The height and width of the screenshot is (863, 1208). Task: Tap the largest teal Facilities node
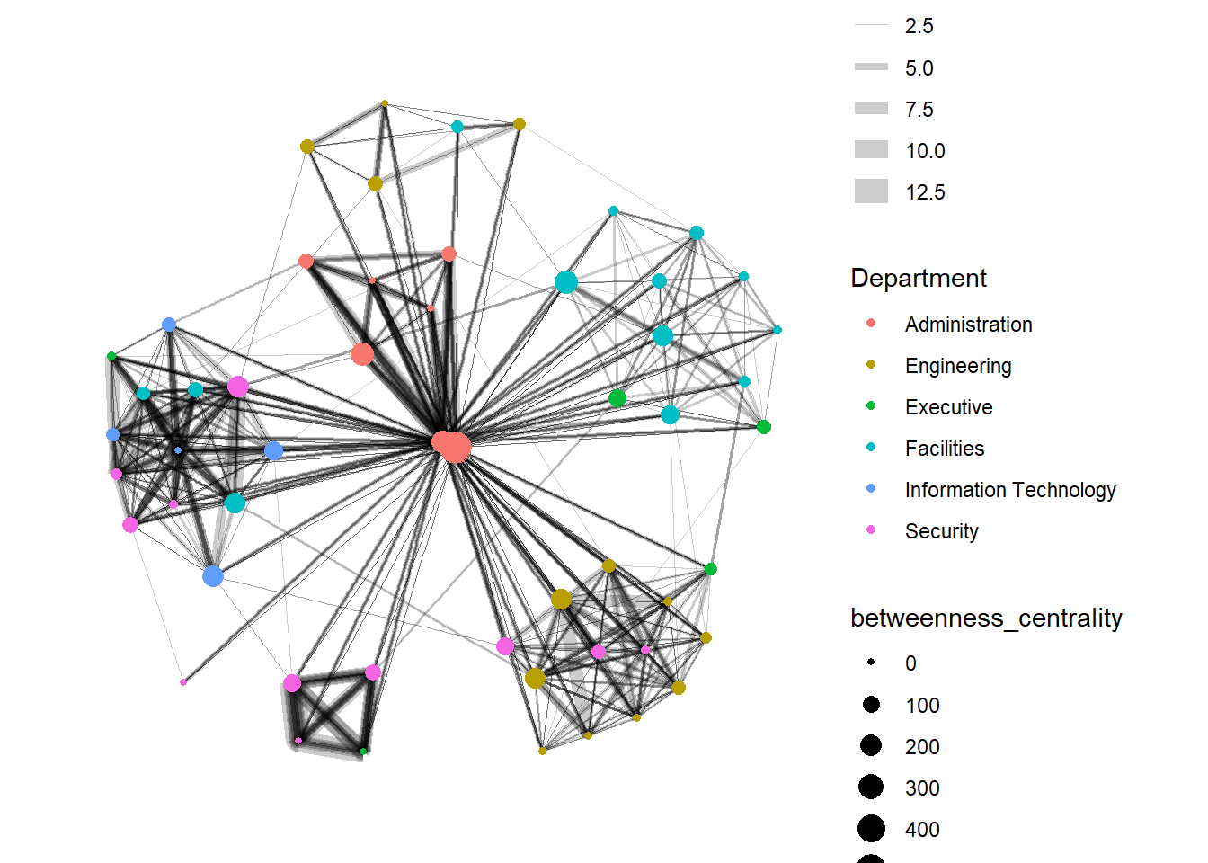[x=565, y=282]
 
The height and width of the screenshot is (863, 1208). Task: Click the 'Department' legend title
[x=918, y=279]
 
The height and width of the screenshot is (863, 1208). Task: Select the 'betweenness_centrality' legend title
[x=986, y=618]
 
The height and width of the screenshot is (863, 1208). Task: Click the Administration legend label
[x=968, y=325]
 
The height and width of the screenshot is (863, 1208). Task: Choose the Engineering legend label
[x=958, y=366]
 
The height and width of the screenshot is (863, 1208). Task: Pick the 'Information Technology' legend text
[x=1010, y=490]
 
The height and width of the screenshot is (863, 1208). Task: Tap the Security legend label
[x=941, y=531]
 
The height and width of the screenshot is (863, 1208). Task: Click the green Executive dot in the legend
[x=870, y=406]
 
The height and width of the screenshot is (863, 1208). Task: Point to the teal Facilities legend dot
[x=870, y=448]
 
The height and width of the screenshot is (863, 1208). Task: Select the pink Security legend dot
[x=870, y=530]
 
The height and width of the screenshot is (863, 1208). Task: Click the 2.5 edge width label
[x=919, y=26]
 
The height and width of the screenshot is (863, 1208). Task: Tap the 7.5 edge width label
[x=919, y=110]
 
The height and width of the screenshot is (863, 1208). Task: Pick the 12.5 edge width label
[x=925, y=192]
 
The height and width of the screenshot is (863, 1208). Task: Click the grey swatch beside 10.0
[x=871, y=150]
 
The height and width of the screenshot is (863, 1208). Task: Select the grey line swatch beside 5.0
[x=871, y=67]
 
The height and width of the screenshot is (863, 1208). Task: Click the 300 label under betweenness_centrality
[x=922, y=788]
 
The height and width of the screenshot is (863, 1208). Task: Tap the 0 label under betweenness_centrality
[x=910, y=663]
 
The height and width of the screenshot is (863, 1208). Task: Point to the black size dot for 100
[x=870, y=705]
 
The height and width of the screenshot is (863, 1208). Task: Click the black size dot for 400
[x=870, y=829]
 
